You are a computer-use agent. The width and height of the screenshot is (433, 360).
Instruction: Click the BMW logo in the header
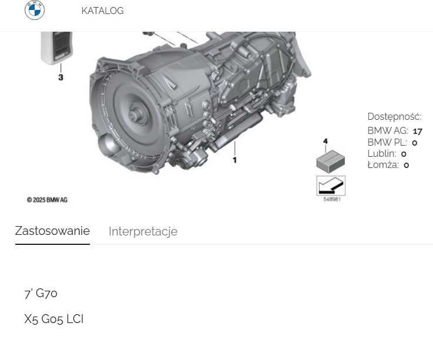35,10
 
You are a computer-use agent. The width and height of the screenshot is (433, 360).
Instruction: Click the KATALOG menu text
102,11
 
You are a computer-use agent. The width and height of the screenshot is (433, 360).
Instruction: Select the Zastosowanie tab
52,231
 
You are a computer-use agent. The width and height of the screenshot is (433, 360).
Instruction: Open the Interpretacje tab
143,231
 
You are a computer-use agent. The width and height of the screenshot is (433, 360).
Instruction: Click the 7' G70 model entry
41,293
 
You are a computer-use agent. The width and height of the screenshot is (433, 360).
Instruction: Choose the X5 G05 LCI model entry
53,319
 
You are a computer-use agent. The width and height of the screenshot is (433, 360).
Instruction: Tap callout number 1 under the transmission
234,160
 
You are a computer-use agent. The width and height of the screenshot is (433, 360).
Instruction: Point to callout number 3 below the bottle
61,77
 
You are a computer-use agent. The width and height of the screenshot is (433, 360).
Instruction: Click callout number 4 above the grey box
325,142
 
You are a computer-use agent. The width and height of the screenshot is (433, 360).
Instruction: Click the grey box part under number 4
330,161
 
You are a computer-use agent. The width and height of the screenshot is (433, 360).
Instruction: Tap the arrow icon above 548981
331,186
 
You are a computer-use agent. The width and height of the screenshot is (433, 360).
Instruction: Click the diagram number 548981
331,200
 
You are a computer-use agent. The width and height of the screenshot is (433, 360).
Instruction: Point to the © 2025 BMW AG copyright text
47,200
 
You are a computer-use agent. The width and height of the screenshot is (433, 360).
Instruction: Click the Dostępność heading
394,117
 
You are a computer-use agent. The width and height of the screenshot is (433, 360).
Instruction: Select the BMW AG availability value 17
417,132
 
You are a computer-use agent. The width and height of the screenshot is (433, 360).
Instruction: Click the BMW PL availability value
415,143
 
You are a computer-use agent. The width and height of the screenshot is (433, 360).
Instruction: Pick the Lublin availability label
382,154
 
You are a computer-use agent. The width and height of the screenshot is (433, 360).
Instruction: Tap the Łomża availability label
383,165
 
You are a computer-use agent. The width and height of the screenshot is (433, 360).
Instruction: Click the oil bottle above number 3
56,47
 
